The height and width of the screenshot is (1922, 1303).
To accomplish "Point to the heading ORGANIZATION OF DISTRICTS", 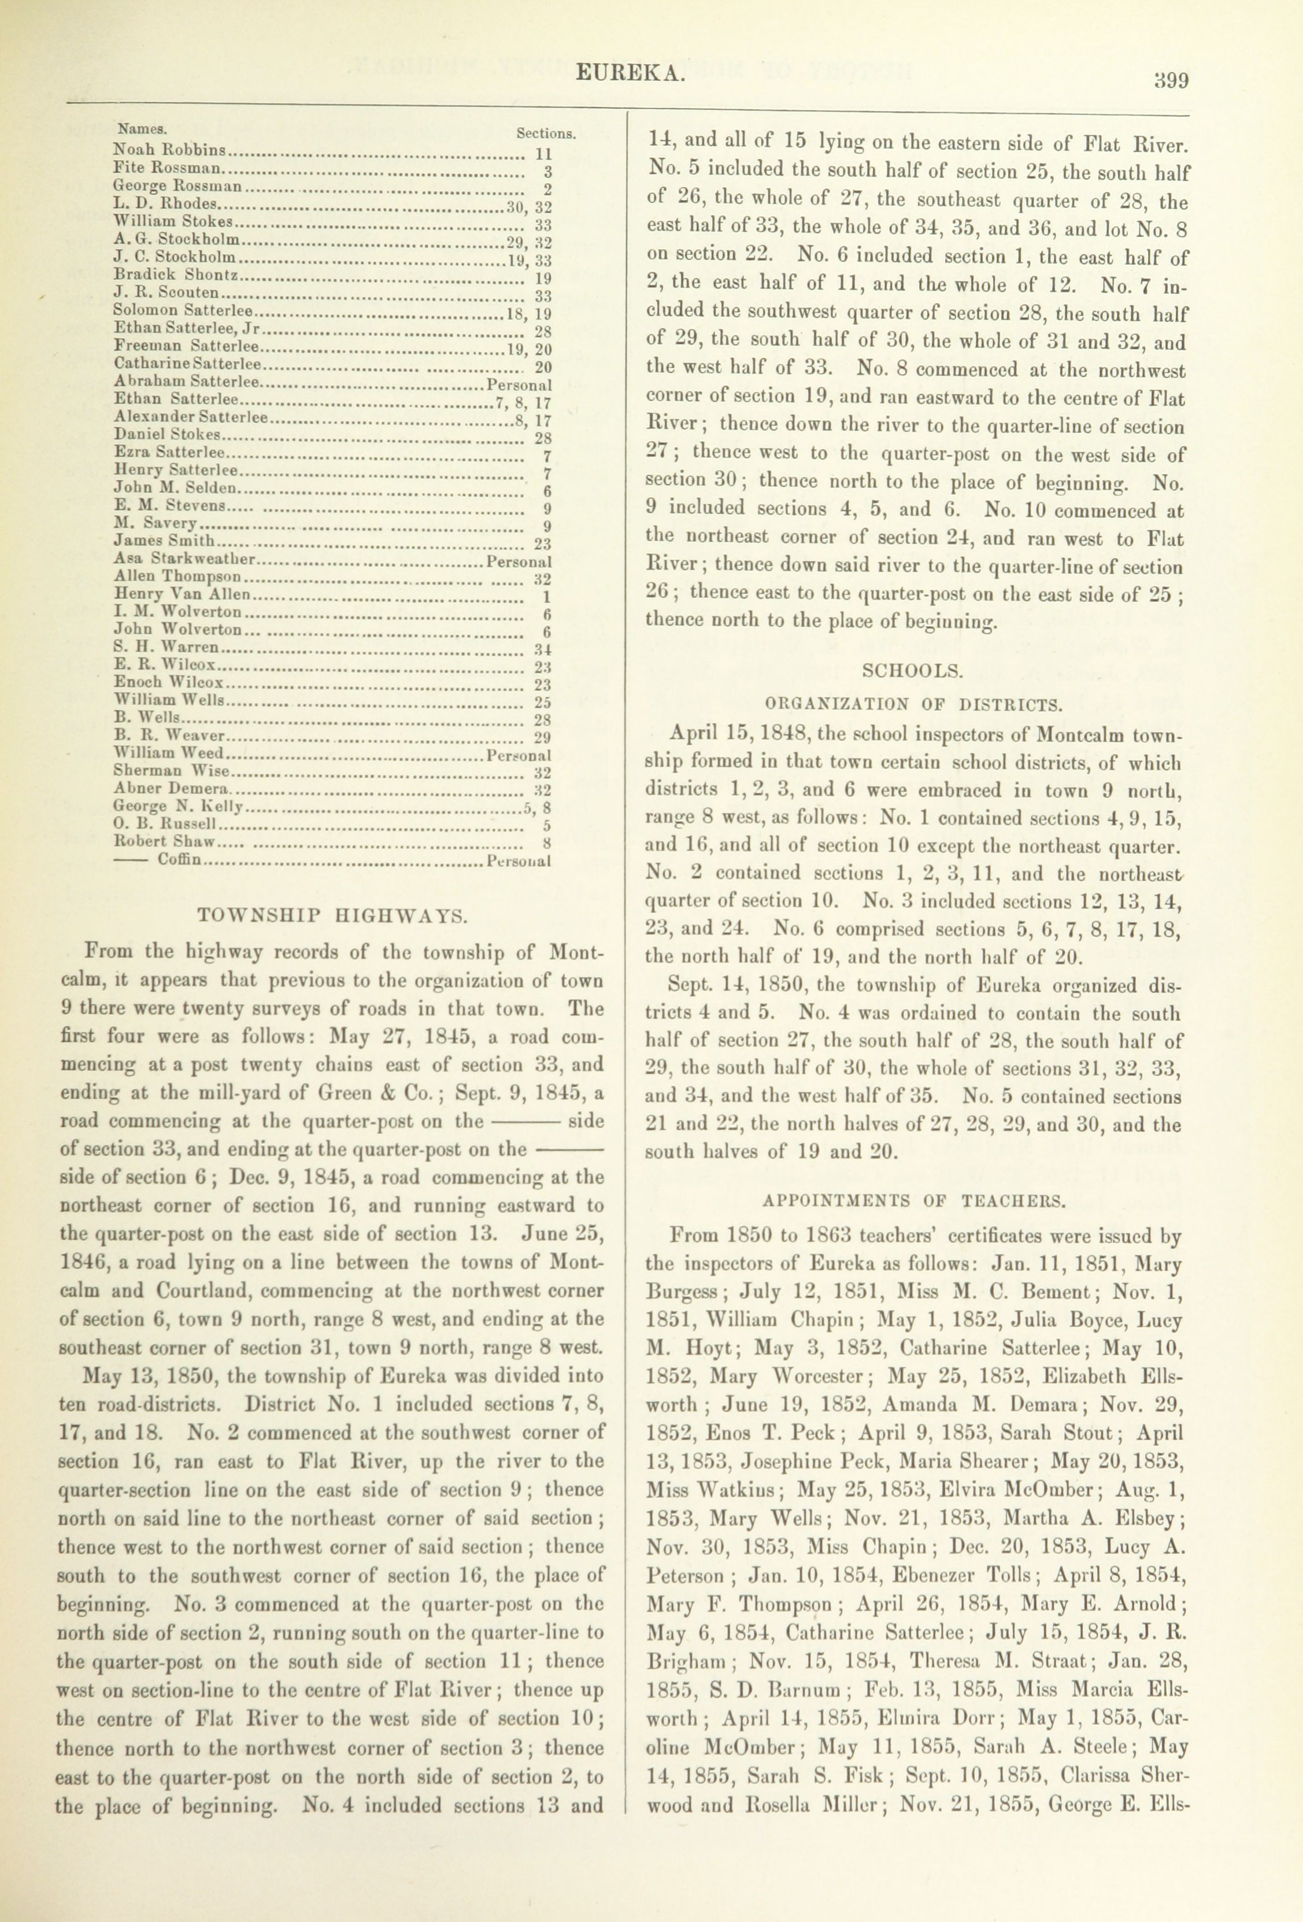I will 913,705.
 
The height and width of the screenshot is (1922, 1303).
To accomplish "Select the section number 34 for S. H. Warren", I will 543,648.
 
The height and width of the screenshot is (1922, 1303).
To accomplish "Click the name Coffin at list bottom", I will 179,860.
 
